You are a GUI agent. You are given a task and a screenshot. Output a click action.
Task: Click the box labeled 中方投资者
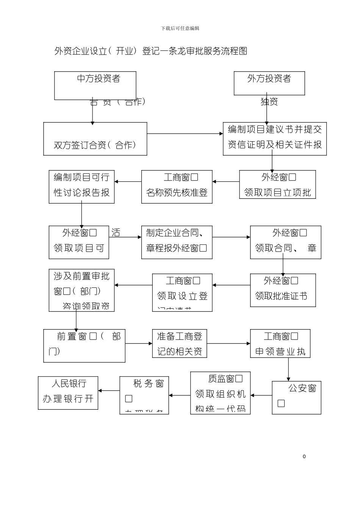(95, 86)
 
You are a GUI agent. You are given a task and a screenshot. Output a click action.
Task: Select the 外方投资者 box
(269, 83)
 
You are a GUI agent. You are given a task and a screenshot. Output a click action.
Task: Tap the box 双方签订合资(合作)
(95, 139)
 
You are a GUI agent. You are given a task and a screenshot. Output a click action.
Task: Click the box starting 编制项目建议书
(275, 139)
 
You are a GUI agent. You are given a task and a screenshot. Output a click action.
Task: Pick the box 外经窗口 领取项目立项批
(277, 184)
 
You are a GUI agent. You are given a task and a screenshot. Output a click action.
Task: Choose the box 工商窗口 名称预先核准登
(177, 187)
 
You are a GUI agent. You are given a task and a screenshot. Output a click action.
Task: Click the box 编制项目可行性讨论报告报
(81, 187)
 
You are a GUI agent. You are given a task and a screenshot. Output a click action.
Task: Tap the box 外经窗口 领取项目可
(79, 242)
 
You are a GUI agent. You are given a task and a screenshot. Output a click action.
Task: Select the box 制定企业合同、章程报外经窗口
(177, 242)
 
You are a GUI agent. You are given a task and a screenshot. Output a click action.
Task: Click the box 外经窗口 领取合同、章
(285, 242)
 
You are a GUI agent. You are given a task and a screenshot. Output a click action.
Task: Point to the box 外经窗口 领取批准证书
(283, 290)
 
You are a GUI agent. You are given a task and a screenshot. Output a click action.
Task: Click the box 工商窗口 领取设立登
(182, 292)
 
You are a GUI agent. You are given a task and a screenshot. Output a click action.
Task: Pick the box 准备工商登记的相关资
(180, 343)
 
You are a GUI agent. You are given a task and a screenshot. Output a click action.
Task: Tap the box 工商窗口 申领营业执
(280, 343)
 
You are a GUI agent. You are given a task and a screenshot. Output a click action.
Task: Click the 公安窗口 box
(296, 397)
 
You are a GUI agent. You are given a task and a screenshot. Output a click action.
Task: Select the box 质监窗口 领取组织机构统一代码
(220, 393)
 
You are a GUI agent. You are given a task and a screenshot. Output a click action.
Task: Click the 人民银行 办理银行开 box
(68, 393)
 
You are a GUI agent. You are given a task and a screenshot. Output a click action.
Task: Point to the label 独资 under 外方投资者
(269, 101)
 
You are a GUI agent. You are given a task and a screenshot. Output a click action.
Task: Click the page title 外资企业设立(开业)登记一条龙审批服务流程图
(150, 51)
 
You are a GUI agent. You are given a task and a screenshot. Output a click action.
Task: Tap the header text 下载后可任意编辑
(180, 28)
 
